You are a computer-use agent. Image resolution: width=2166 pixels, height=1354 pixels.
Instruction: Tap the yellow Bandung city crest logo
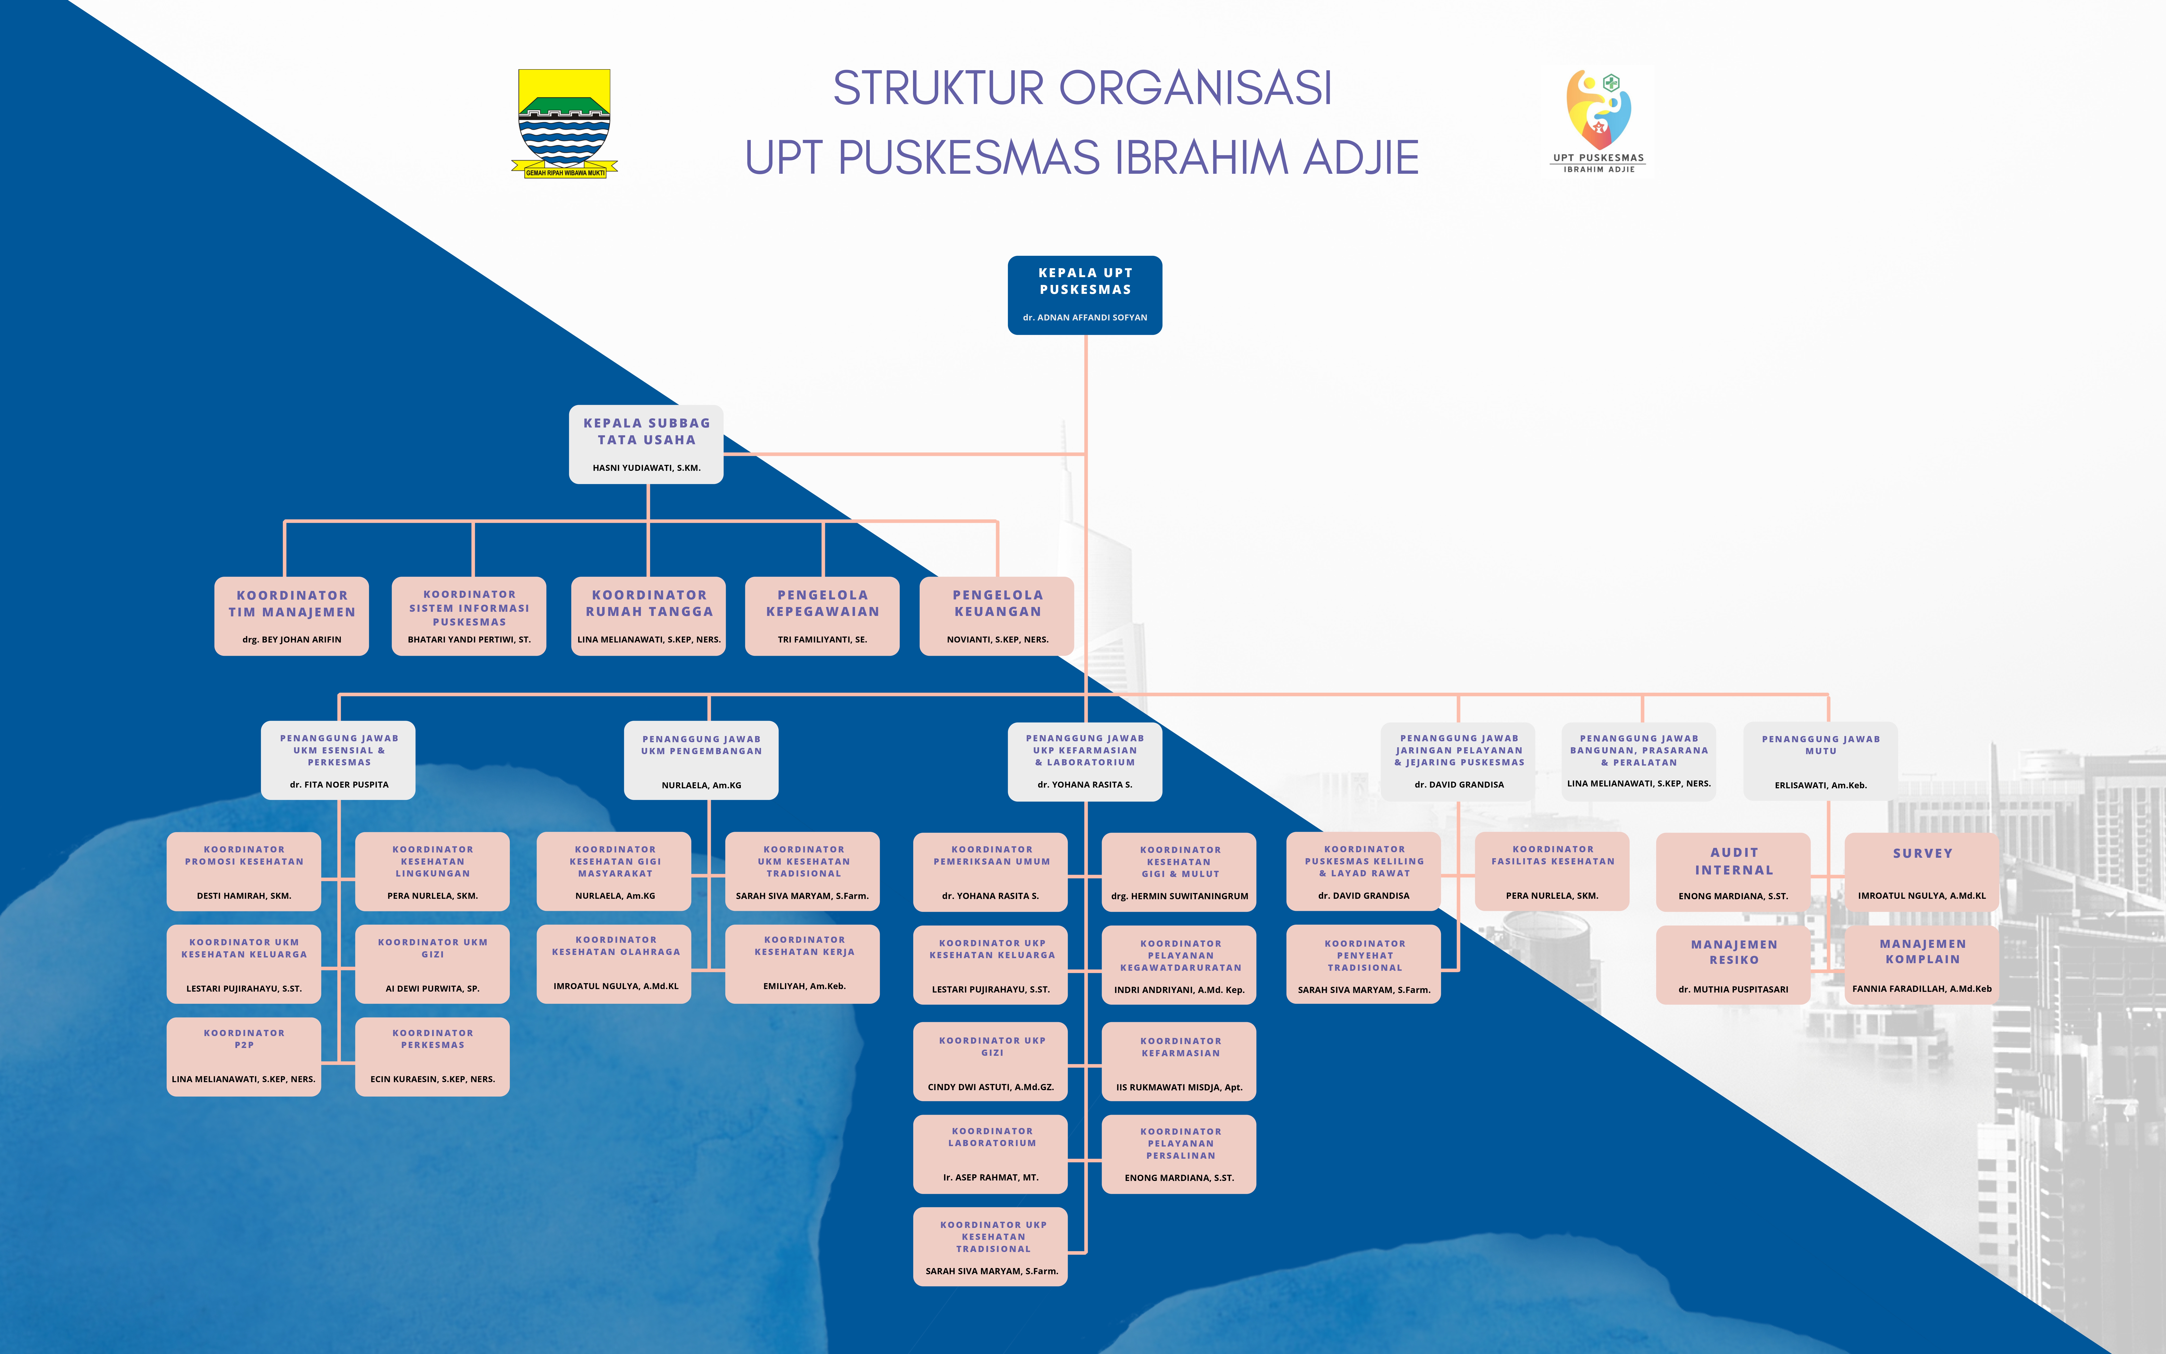coord(564,124)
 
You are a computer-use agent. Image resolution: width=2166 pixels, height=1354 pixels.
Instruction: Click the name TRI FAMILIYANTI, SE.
coord(822,639)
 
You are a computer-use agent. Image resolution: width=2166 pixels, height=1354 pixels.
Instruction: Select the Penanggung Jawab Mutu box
coord(1820,761)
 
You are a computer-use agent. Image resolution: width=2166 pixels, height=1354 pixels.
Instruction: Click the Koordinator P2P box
coord(243,1057)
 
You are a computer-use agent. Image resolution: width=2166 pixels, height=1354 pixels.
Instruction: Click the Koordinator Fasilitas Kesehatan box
coord(1552,871)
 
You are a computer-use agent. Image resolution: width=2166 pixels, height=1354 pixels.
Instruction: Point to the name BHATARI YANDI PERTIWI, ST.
coord(468,639)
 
